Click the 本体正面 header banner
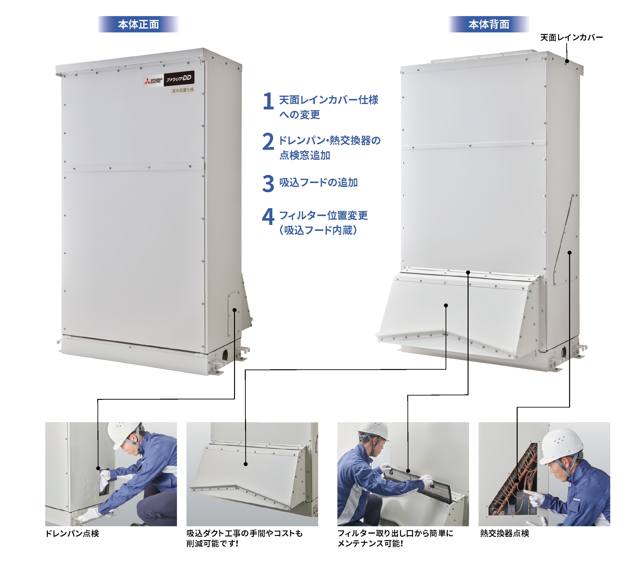pos(138,24)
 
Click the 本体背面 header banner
pos(489,24)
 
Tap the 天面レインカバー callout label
pos(571,37)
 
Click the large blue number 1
pos(268,101)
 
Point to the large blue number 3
pos(268,183)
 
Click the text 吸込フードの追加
pos(318,183)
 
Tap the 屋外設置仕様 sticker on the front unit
pos(183,90)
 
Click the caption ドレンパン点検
pos(72,533)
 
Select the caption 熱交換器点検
pos(504,533)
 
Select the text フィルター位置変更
pos(323,216)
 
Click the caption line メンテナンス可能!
pos(370,544)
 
